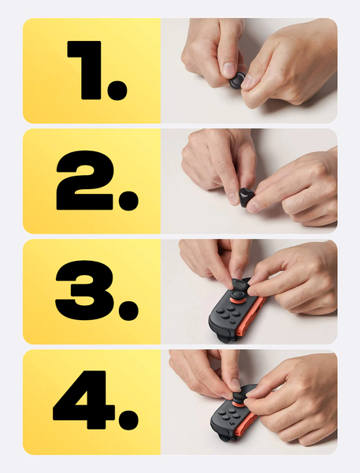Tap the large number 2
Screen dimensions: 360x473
[x=85, y=180]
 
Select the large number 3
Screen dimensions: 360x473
[x=85, y=291]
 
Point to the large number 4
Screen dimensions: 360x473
[x=84, y=400]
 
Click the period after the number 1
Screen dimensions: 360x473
[x=117, y=91]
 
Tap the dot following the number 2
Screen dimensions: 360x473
[x=128, y=200]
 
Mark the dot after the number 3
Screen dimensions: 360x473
[x=128, y=311]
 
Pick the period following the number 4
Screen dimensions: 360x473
[x=128, y=419]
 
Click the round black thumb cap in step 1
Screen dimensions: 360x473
[x=236, y=80]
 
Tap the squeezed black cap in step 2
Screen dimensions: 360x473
[x=246, y=196]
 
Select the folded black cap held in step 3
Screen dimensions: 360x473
[x=241, y=285]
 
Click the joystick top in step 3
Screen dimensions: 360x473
[x=238, y=294]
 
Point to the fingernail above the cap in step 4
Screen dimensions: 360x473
[x=236, y=385]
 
